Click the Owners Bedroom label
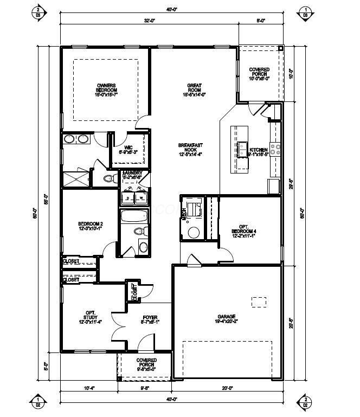(107, 89)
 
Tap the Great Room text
(195, 89)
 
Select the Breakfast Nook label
(191, 149)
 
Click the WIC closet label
(128, 150)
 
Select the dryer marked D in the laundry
(128, 198)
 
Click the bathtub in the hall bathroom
(134, 217)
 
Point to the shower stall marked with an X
(76, 178)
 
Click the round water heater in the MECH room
(194, 232)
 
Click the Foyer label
(150, 319)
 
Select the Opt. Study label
(91, 317)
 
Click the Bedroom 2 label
(91, 227)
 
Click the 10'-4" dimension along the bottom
(89, 389)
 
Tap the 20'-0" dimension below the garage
(228, 389)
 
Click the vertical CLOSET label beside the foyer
(133, 293)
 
